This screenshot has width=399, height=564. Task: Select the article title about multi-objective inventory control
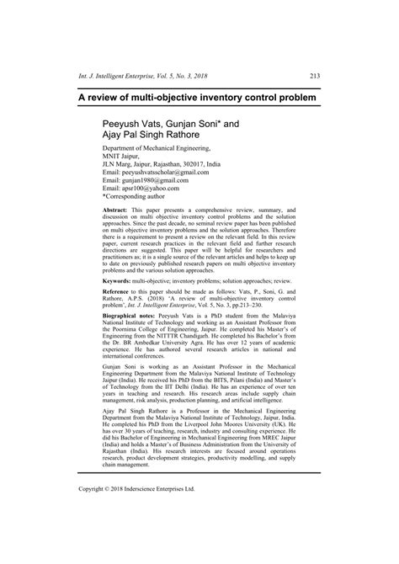[199, 98]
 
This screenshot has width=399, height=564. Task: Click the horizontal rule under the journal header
[199, 84]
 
